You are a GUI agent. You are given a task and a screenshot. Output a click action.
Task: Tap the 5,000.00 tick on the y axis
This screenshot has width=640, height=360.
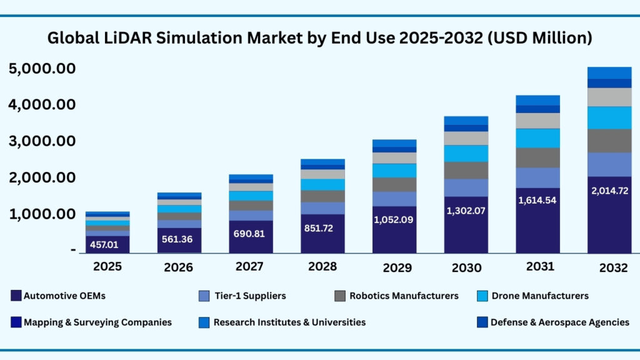click(42, 68)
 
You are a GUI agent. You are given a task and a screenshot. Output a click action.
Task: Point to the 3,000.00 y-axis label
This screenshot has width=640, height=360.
click(42, 141)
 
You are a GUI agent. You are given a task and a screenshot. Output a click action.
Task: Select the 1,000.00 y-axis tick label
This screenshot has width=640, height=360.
click(42, 214)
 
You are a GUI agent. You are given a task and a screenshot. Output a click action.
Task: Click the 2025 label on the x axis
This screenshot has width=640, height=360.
click(107, 266)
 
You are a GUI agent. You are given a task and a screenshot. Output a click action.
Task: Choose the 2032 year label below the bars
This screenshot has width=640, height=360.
click(612, 267)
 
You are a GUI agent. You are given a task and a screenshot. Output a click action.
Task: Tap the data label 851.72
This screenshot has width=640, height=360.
click(322, 228)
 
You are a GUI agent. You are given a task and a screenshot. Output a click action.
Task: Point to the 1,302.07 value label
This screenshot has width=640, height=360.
click(466, 211)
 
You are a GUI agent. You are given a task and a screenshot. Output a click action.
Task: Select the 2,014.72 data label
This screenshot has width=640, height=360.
click(609, 191)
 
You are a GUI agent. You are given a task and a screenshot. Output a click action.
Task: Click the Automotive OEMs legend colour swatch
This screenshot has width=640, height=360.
click(16, 296)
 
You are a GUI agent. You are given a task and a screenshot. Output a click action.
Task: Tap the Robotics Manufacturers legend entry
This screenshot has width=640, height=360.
click(404, 296)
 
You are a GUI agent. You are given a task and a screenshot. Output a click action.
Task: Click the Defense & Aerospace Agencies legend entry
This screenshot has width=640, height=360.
click(559, 322)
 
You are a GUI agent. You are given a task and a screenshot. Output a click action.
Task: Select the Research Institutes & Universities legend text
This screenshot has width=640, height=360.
click(289, 322)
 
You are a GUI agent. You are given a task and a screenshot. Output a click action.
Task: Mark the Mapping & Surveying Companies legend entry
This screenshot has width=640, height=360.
click(97, 322)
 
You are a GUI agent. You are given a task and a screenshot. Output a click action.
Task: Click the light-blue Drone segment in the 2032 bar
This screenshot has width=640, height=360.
click(609, 117)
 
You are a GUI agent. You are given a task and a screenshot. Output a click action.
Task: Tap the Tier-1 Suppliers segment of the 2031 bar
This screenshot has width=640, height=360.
click(537, 177)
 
